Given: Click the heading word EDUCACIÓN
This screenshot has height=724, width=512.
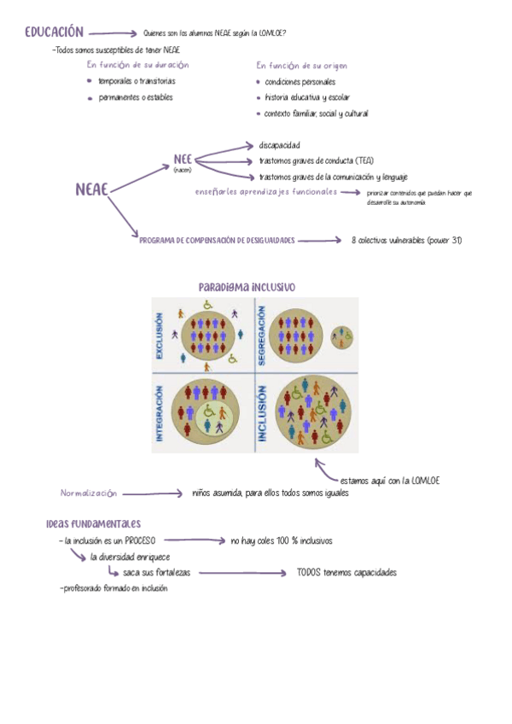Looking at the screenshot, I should (x=54, y=32).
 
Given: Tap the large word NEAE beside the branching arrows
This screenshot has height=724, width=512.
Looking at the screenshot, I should (x=92, y=190).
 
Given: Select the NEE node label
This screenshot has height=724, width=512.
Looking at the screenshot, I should (x=183, y=159).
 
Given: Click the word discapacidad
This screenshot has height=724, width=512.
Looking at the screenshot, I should (x=279, y=145).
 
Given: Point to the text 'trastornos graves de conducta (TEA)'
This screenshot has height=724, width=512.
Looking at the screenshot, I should (x=316, y=161).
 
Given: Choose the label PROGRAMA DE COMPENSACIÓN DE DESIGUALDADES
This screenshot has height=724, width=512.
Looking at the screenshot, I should (x=217, y=241).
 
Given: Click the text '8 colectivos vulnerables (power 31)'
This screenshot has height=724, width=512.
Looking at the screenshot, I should (x=406, y=241).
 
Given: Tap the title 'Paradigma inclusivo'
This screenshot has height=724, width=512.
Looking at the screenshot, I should (x=247, y=288).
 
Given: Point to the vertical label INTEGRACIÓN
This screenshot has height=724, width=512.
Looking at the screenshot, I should (x=160, y=412).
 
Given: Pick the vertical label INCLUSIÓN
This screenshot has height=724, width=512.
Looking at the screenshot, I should (x=262, y=413).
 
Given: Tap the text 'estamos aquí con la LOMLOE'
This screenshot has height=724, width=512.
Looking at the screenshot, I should (x=389, y=481).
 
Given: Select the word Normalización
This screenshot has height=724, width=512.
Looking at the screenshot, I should (x=88, y=493).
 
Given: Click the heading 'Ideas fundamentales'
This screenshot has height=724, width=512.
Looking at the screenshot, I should (x=94, y=523).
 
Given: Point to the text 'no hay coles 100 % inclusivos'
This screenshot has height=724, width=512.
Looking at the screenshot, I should (x=281, y=541).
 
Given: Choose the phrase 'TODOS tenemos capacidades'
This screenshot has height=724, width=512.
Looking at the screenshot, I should (x=346, y=573).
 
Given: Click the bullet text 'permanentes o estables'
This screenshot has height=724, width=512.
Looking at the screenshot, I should (x=135, y=97).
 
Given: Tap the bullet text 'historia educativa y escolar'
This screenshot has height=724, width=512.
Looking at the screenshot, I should (x=307, y=97).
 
